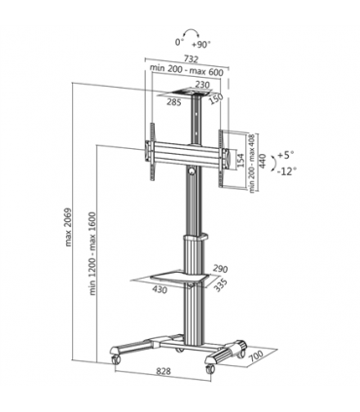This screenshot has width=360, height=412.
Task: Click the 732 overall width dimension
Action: coord(189,58)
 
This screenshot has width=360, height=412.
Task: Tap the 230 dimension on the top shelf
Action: coord(202,84)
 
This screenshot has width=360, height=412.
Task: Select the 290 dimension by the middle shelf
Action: coord(220,268)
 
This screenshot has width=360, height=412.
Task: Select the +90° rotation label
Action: coord(202,43)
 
